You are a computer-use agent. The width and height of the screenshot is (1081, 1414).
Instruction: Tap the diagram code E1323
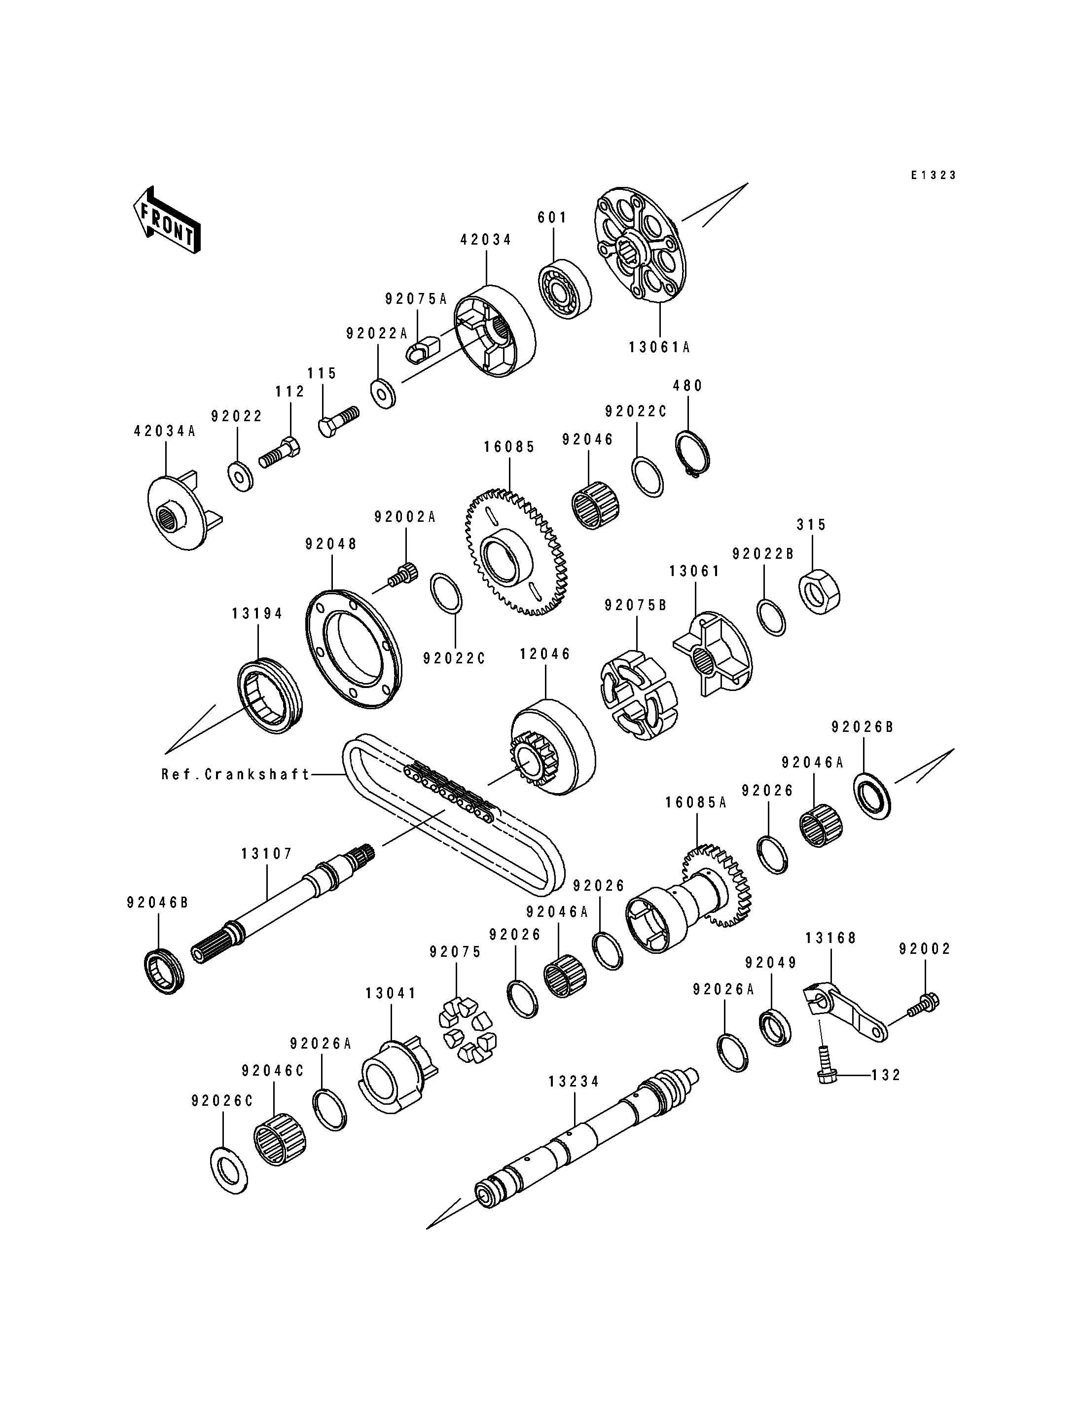[x=933, y=175]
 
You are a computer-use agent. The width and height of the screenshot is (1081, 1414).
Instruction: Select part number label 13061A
[x=659, y=348]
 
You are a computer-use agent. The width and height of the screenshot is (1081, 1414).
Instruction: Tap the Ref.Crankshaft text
[x=236, y=774]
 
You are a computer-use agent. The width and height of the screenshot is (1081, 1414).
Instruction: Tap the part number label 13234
[x=574, y=1081]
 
